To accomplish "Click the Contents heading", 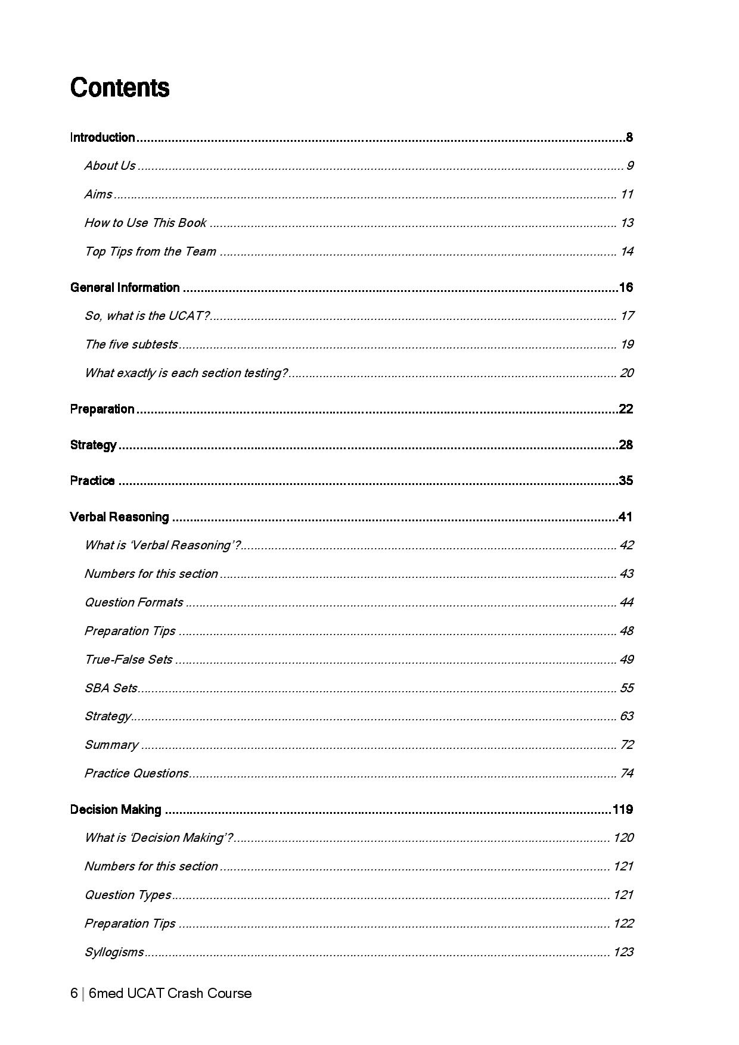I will [x=120, y=88].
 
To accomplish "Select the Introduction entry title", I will [x=103, y=138].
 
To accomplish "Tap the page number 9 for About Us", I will [x=629, y=166].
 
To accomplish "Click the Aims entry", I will [x=98, y=194].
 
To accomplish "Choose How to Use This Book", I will [x=145, y=223].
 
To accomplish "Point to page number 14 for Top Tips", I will [x=626, y=251].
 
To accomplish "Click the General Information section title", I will [x=125, y=288].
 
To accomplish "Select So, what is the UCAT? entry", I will [x=147, y=316].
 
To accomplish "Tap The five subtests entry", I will [x=131, y=344].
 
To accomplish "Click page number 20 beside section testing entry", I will [x=626, y=373].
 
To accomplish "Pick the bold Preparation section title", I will [x=102, y=409].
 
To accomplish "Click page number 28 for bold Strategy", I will [x=626, y=445].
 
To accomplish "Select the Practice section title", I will [x=92, y=481].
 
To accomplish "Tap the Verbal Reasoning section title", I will [x=119, y=517].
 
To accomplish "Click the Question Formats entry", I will [x=133, y=602].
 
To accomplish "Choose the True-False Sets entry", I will [x=128, y=660].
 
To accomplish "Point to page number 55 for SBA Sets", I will [x=626, y=688].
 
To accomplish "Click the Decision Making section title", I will [x=116, y=810].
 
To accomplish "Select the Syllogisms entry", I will [x=114, y=952].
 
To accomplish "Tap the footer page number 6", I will [x=74, y=993].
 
